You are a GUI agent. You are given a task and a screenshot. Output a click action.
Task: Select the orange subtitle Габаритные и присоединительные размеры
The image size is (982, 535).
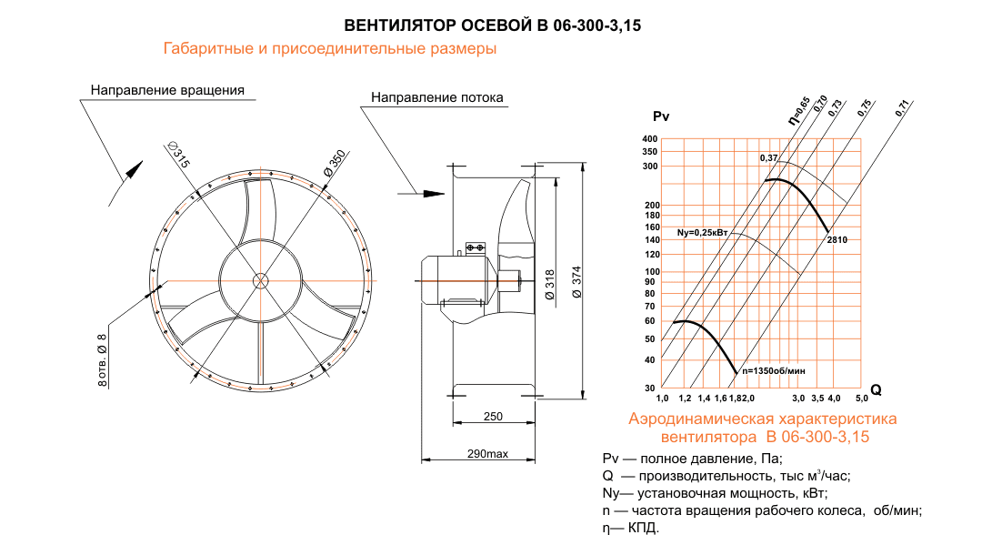coord(329,49)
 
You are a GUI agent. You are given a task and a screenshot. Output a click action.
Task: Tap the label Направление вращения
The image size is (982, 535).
coord(167,91)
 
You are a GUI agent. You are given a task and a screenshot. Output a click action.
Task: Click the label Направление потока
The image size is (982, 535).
coord(436,97)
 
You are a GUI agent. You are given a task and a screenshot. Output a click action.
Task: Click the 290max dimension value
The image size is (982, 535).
coord(487,453)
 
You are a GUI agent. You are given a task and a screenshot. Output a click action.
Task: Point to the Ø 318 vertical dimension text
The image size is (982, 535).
coord(550,285)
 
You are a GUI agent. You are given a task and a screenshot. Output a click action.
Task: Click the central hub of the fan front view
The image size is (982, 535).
coord(260,280)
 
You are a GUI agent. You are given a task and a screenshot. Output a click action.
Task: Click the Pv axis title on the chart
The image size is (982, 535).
coord(661,116)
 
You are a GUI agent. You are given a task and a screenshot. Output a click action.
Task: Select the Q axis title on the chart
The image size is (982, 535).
coord(876,389)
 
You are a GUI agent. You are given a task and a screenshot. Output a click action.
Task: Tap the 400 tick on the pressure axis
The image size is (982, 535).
coord(649,139)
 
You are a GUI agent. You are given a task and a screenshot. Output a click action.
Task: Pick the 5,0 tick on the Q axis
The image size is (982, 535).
coord(860,399)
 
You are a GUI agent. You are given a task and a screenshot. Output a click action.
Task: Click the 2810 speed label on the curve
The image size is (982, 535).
coord(837,239)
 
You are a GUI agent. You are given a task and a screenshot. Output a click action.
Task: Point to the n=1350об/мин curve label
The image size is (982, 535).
coord(774,371)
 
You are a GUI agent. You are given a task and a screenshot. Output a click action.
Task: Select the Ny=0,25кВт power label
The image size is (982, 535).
coord(704,233)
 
